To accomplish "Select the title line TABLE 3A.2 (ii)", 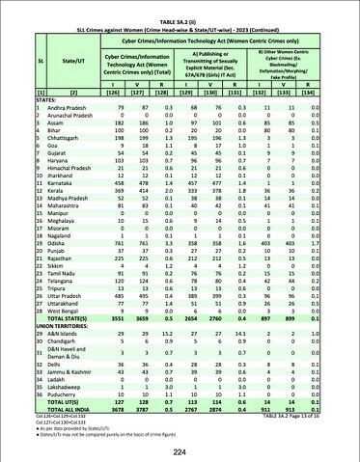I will (180, 5).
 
